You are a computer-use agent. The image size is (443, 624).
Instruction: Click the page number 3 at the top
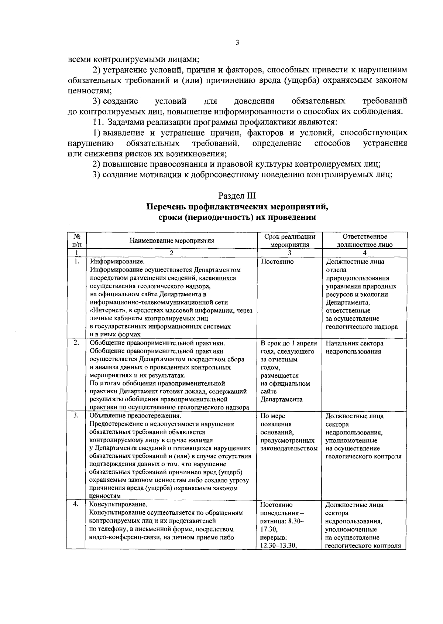tap(237, 43)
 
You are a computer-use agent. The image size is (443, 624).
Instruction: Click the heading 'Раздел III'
tap(237, 196)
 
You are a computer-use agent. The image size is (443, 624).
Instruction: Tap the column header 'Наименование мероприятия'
tap(172, 241)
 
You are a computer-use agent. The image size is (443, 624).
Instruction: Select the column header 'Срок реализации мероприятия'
tap(290, 241)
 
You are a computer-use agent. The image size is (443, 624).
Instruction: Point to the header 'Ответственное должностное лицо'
tap(364, 241)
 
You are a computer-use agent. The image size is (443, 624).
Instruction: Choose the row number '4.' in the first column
tap(76, 504)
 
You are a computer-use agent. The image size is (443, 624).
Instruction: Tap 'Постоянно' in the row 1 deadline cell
tap(277, 262)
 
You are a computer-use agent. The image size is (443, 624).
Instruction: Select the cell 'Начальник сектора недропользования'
tap(354, 347)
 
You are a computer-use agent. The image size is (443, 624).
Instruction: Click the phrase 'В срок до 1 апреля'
tap(289, 343)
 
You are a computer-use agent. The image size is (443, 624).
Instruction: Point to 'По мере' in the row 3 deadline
tap(272, 416)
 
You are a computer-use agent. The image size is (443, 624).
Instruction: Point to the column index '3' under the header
tap(290, 253)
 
